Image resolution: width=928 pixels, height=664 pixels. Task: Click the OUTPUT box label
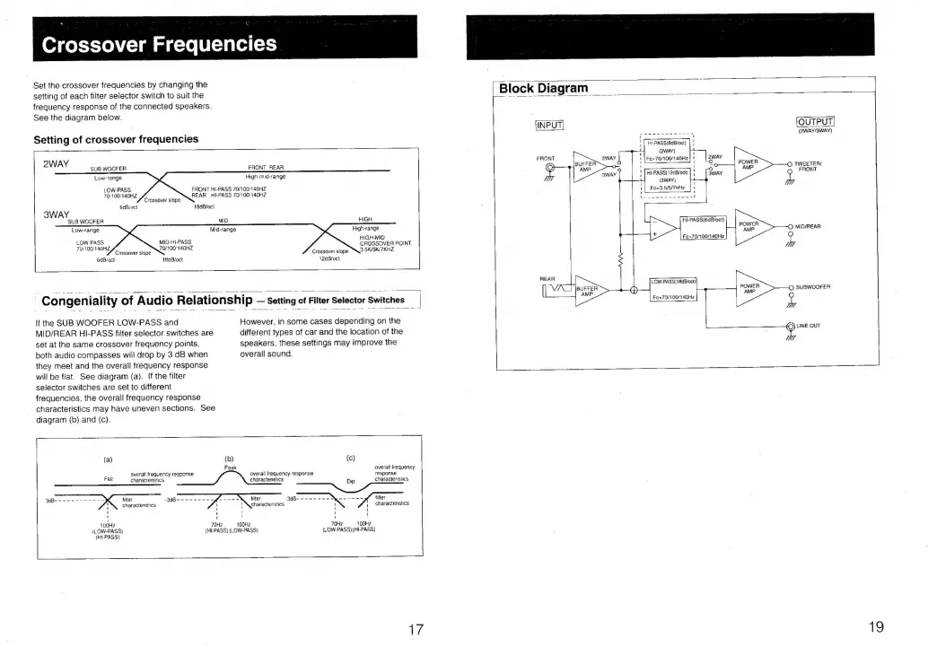pyautogui.click(x=816, y=123)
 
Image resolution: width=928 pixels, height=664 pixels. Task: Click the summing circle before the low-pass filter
pyautogui.click(x=634, y=290)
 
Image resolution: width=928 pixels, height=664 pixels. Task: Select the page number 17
pyautogui.click(x=416, y=629)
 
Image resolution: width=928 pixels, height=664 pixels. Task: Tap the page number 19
pyautogui.click(x=877, y=628)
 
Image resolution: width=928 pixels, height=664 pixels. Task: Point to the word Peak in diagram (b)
pyautogui.click(x=230, y=467)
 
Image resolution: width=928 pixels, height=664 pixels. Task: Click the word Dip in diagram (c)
pyautogui.click(x=351, y=481)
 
